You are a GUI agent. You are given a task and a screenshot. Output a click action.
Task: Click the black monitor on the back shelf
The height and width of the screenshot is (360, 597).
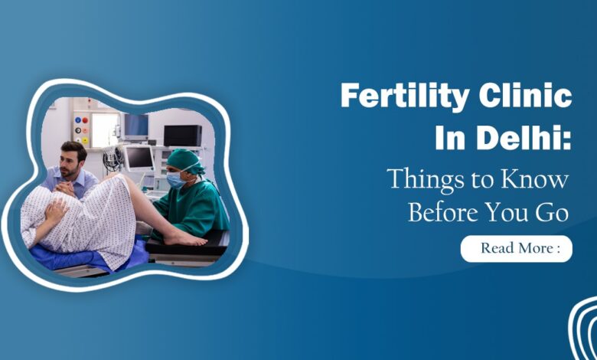(182, 135)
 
